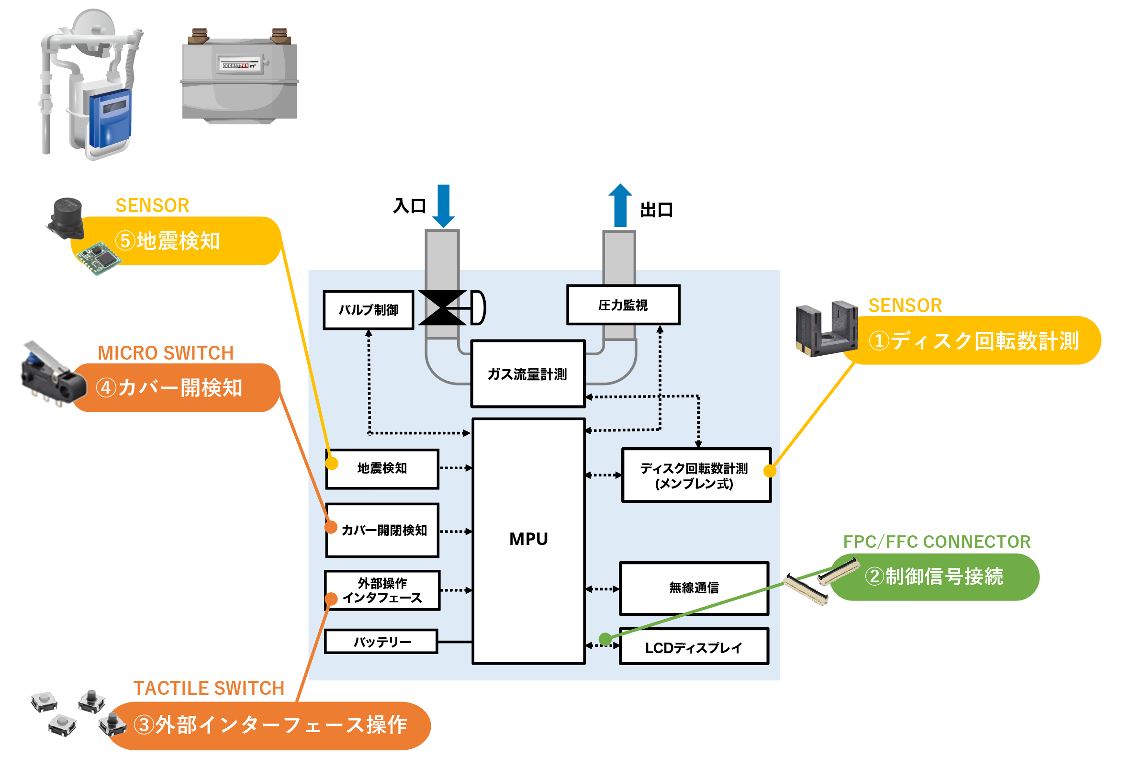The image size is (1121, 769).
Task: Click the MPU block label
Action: click(528, 539)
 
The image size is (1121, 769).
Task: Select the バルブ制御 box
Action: click(368, 310)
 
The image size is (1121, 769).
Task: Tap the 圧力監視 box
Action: click(623, 305)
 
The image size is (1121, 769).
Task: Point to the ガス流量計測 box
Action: click(527, 374)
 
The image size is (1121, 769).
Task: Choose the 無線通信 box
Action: click(694, 588)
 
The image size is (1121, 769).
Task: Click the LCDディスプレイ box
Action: click(694, 647)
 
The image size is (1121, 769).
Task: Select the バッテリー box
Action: click(381, 642)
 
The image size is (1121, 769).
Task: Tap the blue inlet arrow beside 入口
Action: click(443, 205)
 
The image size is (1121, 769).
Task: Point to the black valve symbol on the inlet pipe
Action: click(442, 308)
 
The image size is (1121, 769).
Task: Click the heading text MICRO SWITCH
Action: click(166, 353)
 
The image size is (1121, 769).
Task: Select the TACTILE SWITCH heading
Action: click(208, 688)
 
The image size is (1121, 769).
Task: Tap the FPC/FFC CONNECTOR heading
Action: click(936, 541)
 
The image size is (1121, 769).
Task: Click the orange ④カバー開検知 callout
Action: click(176, 387)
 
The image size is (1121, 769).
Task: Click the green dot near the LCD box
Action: click(605, 639)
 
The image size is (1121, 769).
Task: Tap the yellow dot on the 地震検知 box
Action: click(331, 464)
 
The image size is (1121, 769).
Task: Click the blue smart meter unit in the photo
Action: click(111, 118)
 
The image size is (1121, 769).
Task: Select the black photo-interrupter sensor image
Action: click(825, 329)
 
